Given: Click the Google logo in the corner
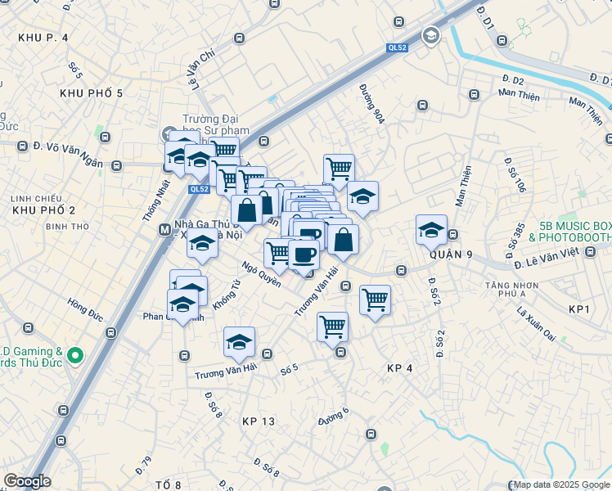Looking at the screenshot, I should pyautogui.click(x=27, y=481).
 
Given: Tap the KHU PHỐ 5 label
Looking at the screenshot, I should pyautogui.click(x=91, y=93).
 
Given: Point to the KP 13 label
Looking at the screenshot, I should pyautogui.click(x=259, y=421).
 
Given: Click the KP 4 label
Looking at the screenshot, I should pyautogui.click(x=399, y=369).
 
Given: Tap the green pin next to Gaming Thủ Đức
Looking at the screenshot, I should pyautogui.click(x=75, y=355).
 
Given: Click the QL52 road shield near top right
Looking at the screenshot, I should pyautogui.click(x=397, y=48).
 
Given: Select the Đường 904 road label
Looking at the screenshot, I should pyautogui.click(x=371, y=104).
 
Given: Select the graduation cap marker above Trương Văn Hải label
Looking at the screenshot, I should pyautogui.click(x=239, y=343).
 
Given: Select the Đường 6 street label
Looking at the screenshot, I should pyautogui.click(x=334, y=417).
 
